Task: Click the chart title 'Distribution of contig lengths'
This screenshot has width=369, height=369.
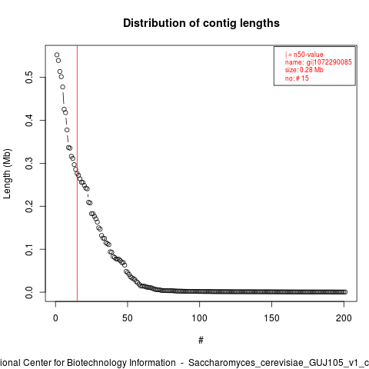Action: (x=201, y=23)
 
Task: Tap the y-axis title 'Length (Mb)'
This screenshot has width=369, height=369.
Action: (x=7, y=174)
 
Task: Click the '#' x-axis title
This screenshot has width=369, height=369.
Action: (x=201, y=341)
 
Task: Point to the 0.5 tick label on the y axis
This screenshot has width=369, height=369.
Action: (x=29, y=78)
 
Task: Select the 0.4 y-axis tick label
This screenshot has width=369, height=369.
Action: (x=29, y=121)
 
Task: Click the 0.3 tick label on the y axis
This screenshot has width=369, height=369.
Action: (x=29, y=163)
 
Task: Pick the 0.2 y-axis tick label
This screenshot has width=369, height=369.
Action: (x=29, y=206)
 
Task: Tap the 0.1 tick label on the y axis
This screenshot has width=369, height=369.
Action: (x=29, y=249)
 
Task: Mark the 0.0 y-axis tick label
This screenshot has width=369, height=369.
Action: (x=29, y=292)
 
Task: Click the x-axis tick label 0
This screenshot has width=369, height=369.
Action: (x=55, y=318)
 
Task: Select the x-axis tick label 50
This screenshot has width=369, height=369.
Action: (x=128, y=318)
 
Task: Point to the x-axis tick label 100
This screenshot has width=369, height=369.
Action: (x=199, y=318)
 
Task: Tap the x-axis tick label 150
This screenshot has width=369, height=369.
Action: (x=271, y=318)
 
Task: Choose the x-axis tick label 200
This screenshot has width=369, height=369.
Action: (x=344, y=318)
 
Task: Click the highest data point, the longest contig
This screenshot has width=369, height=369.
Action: (x=57, y=55)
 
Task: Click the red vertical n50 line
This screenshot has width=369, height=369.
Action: (x=77, y=174)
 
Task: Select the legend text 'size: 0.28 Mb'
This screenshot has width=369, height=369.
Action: (x=304, y=70)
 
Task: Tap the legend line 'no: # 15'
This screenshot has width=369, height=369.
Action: (x=297, y=78)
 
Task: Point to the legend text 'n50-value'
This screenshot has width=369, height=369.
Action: (x=308, y=55)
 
